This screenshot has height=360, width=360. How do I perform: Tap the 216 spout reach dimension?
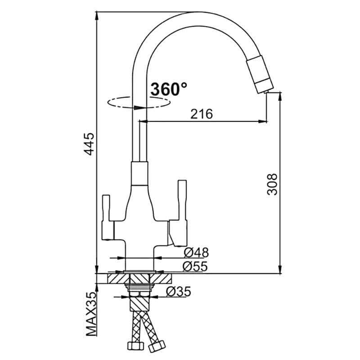click(201, 114)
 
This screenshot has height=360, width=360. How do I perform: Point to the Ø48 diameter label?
click(196, 252)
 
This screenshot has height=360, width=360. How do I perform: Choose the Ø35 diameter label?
click(178, 292)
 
